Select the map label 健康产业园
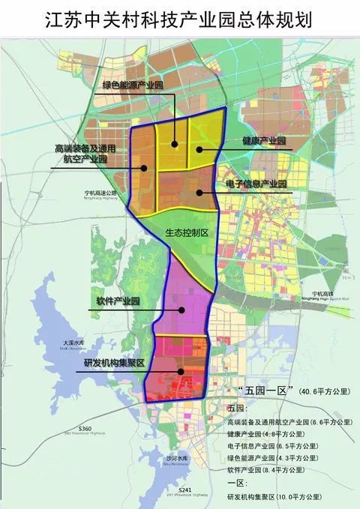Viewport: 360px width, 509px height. [x=263, y=141]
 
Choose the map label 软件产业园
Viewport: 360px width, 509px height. [x=118, y=301]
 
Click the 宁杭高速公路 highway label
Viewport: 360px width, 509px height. [x=102, y=193]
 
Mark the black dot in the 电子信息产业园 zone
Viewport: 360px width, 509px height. [x=199, y=193]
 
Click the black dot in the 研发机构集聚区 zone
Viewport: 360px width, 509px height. [x=180, y=370]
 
